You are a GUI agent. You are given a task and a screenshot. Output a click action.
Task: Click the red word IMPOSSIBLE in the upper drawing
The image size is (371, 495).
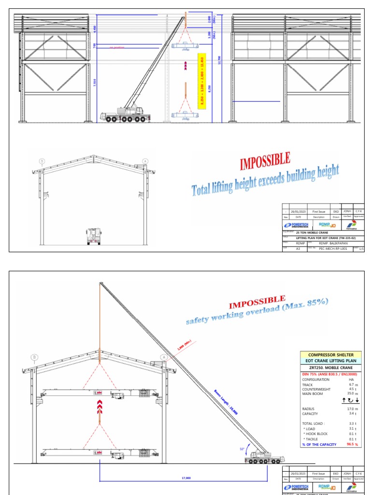265,161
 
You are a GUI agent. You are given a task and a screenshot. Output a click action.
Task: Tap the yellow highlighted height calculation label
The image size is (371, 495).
202,81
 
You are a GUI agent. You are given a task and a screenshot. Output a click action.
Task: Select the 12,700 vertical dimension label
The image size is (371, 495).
219,60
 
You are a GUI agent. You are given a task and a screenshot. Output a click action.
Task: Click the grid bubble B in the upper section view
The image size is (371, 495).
42,161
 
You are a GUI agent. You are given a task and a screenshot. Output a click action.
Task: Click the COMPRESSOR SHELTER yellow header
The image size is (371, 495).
331,355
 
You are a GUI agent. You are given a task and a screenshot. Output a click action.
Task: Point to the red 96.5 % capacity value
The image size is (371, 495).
353,444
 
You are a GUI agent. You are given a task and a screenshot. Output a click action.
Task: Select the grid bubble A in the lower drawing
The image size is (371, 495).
164,357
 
